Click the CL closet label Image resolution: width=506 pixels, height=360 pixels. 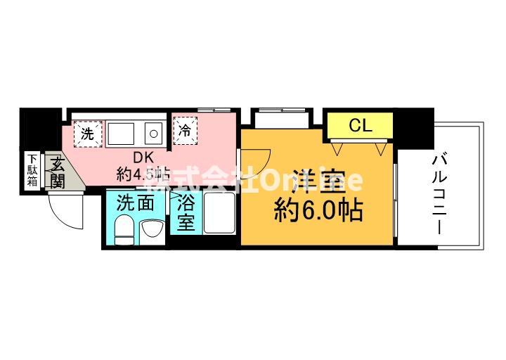[x=360, y=127]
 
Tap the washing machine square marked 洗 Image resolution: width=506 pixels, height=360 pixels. [x=88, y=133]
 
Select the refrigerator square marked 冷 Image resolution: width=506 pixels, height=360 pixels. [x=185, y=129]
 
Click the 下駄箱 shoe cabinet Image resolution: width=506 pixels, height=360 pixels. [x=33, y=171]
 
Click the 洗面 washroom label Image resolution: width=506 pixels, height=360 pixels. [x=136, y=204]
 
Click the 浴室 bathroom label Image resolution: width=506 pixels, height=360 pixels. [x=186, y=213]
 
